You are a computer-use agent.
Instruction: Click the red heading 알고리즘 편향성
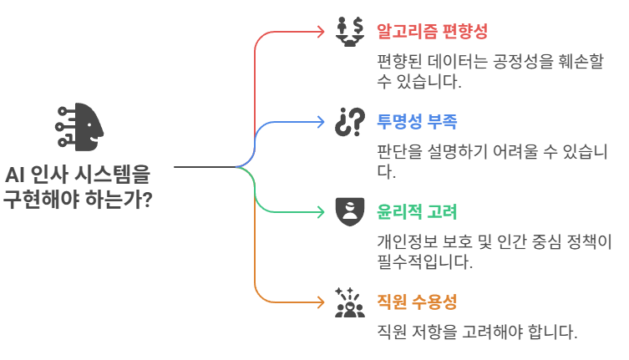tap(432, 32)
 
